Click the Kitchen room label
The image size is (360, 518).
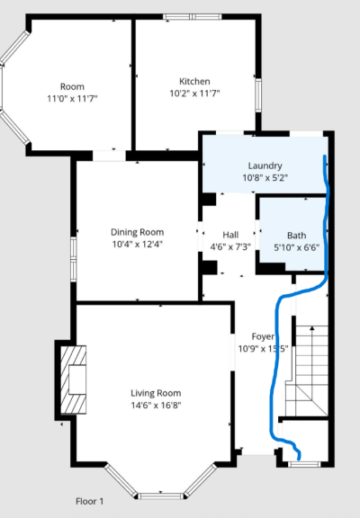point(194,81)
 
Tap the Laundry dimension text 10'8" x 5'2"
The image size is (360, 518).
point(265,178)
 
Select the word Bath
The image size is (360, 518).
point(296,236)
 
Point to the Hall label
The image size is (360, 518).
point(230,235)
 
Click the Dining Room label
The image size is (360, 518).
point(137,232)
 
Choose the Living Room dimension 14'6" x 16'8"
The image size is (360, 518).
point(156,405)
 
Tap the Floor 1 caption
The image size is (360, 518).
point(90,501)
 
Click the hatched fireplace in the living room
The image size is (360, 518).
point(74,380)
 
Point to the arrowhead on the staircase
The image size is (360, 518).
point(311,328)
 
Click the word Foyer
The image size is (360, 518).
point(263,336)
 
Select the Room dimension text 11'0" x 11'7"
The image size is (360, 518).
point(72,98)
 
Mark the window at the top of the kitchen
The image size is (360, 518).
point(193,17)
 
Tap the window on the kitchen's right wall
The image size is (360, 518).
point(258,95)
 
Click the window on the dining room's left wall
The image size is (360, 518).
point(74,259)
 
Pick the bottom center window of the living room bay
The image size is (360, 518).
point(160,496)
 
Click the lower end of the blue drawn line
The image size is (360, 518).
point(299,459)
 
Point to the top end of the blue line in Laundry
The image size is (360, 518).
point(325,156)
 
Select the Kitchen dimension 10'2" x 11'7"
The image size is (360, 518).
point(194,94)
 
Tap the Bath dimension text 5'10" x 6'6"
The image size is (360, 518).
point(296,247)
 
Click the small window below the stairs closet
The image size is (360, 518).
point(304,464)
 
